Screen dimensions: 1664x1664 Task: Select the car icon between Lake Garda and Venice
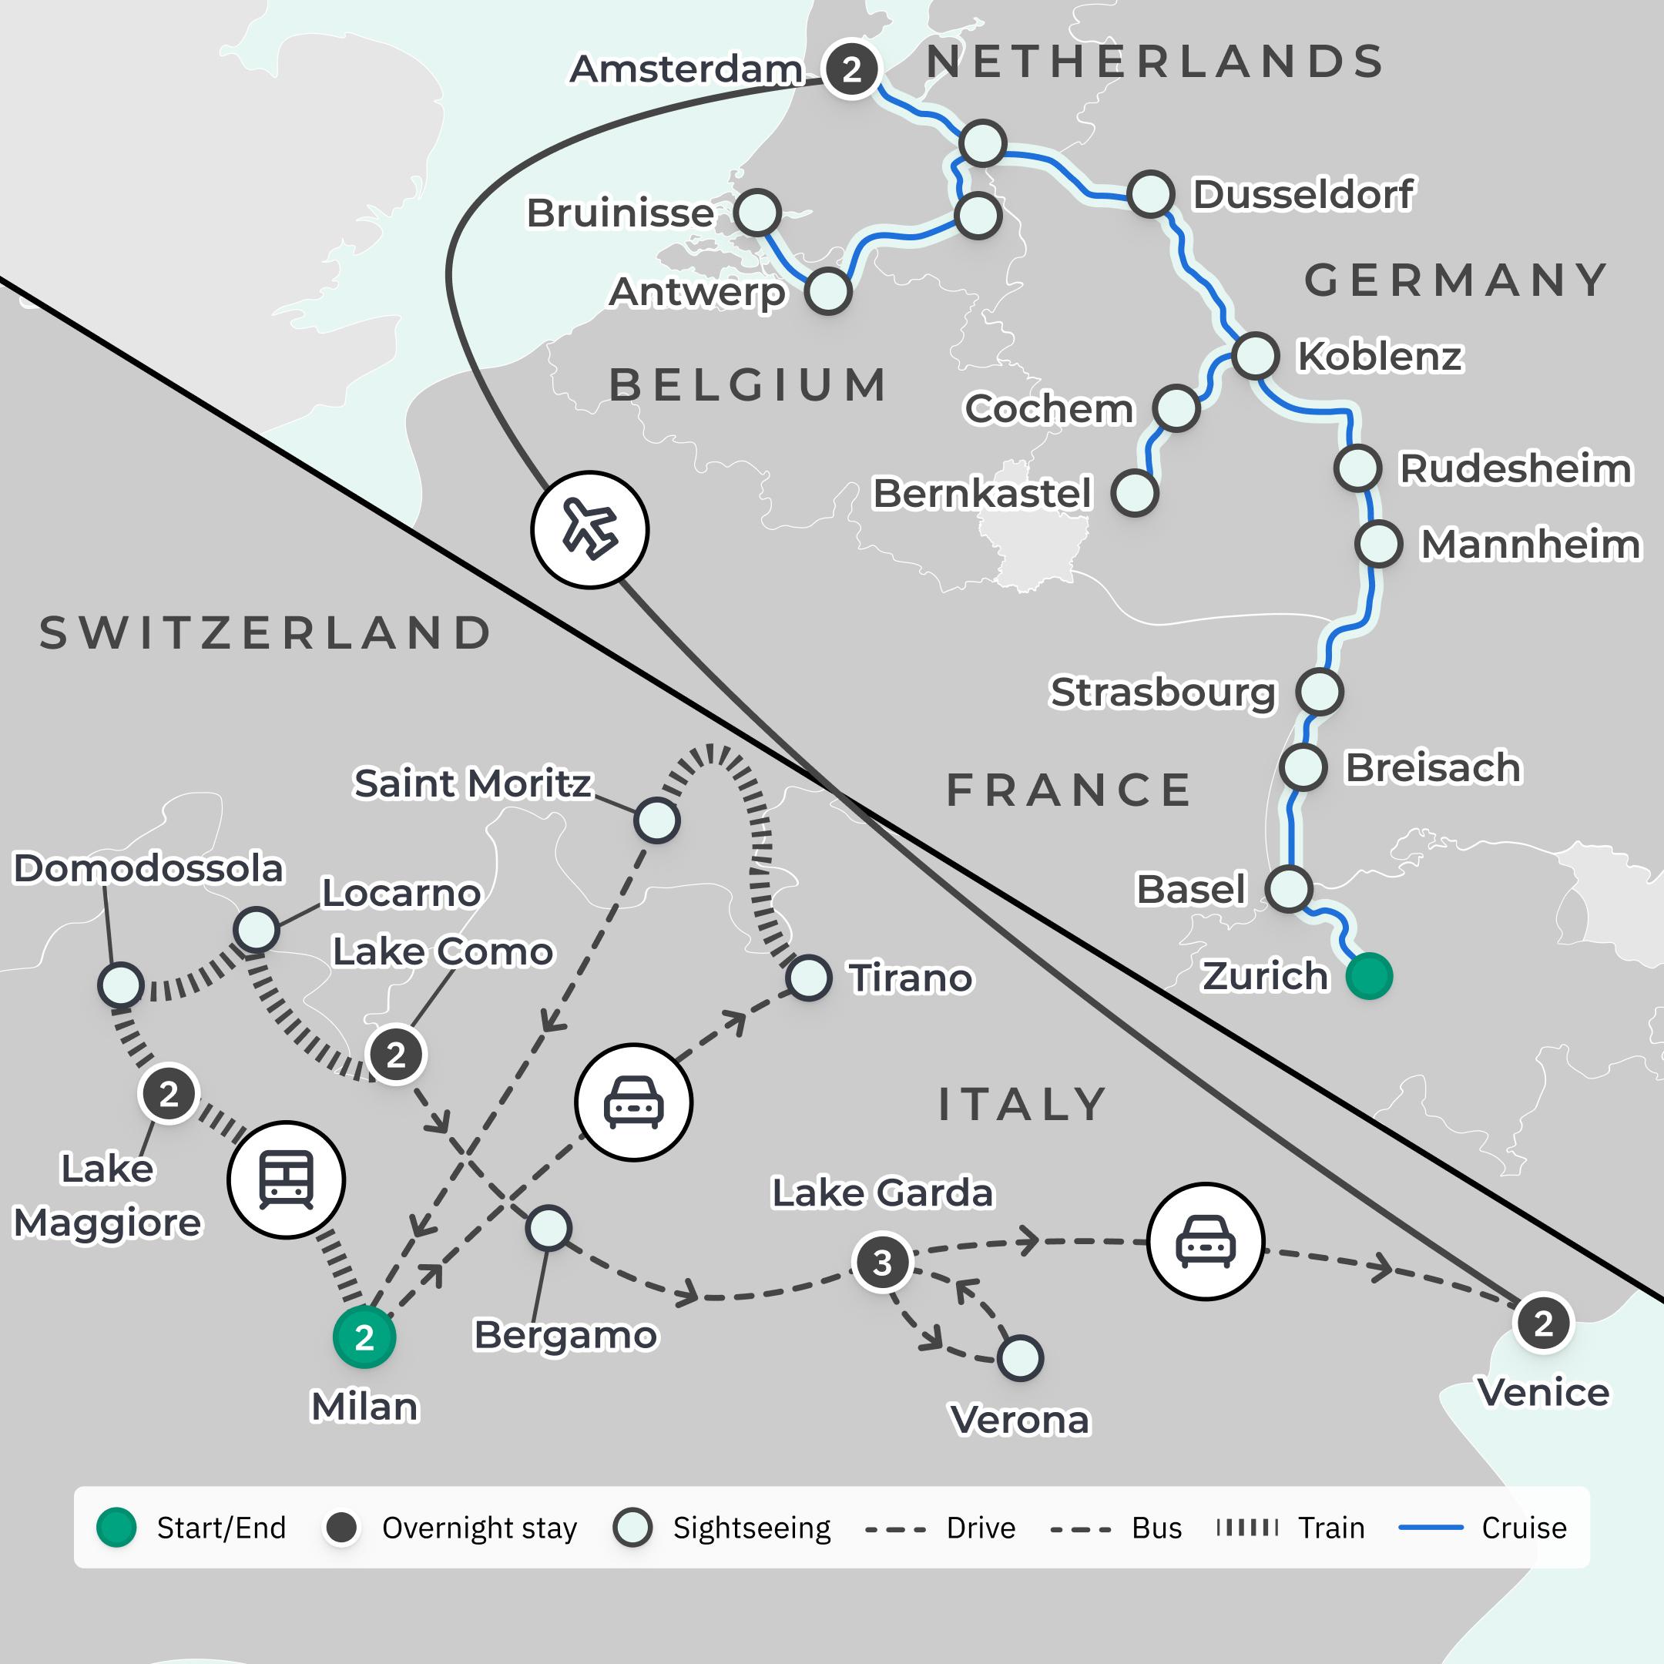[1205, 1240]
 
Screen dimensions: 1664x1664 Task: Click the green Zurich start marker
[1369, 976]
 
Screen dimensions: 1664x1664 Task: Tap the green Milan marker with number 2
[364, 1337]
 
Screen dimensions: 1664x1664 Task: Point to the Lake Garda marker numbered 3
[882, 1263]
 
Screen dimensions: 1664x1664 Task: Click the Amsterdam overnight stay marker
[851, 69]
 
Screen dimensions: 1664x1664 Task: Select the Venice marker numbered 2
[1542, 1323]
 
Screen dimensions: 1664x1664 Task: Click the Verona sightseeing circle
[1020, 1358]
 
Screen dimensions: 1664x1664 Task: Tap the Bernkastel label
[982, 494]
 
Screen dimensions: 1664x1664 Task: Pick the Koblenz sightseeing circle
[1254, 355]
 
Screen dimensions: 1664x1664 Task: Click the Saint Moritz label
[472, 783]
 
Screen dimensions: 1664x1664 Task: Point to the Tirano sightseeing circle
[808, 978]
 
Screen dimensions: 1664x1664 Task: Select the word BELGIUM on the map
[747, 385]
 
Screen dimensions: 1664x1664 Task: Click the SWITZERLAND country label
[265, 633]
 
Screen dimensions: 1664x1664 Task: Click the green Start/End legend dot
[116, 1527]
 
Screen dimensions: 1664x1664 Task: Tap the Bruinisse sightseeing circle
[757, 212]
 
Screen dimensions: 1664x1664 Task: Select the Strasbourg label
[1162, 692]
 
